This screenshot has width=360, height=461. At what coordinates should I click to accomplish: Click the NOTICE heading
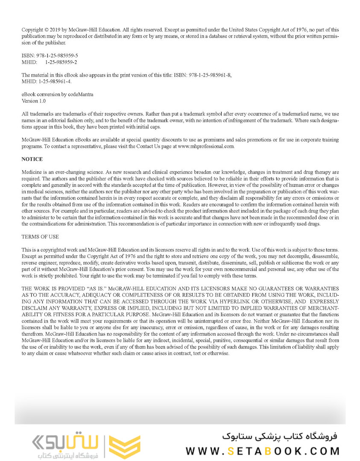(x=32, y=159)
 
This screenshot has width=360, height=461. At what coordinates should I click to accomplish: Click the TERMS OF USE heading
(x=40, y=237)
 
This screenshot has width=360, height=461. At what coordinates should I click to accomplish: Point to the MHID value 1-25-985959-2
(x=61, y=62)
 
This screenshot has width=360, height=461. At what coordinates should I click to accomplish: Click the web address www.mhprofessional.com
(x=206, y=146)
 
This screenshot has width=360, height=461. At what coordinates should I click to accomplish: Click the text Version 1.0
(x=34, y=101)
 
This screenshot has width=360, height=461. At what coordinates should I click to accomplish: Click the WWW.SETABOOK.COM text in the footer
(x=263, y=450)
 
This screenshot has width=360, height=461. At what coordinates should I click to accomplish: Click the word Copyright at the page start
(x=32, y=30)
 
